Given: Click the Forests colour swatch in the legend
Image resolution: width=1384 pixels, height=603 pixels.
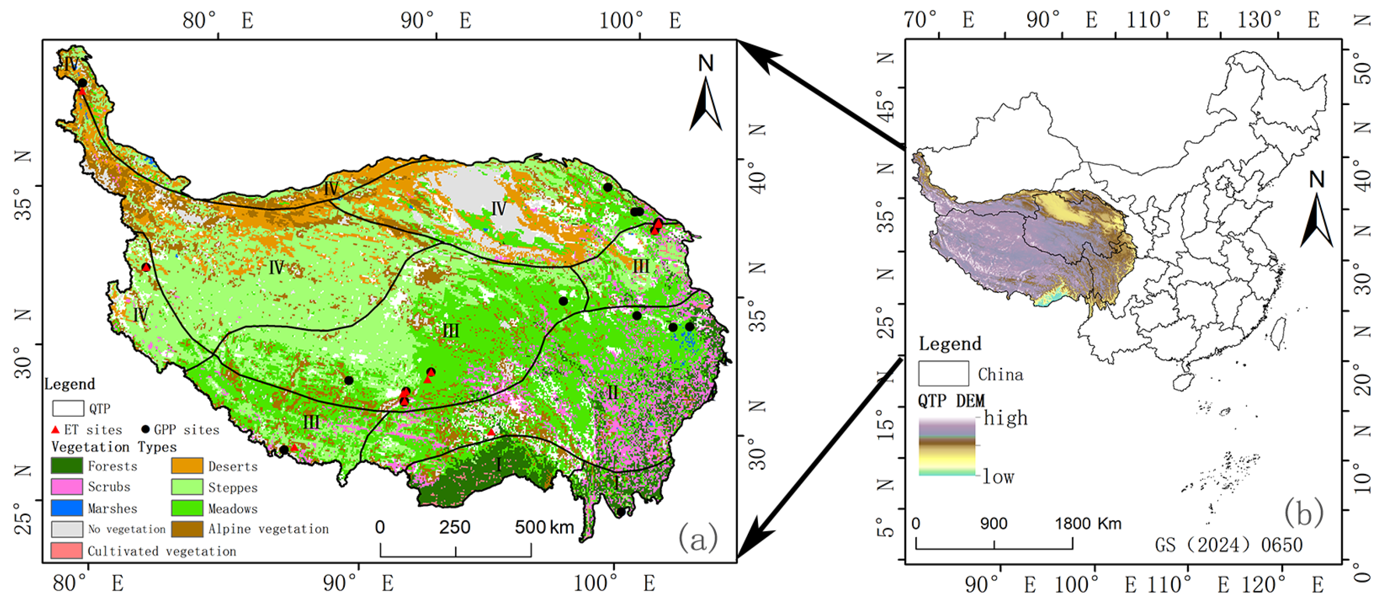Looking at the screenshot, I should (x=67, y=465).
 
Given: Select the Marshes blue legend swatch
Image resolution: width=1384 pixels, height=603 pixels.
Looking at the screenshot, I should (x=67, y=508).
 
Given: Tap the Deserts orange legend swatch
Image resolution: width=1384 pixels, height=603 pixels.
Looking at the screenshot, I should (x=187, y=465).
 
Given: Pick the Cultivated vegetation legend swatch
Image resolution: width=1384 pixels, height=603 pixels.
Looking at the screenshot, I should (x=67, y=550).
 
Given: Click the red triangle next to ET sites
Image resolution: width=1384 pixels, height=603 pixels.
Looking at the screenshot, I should (x=55, y=430).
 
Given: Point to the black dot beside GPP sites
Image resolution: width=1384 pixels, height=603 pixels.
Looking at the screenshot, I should (x=145, y=430).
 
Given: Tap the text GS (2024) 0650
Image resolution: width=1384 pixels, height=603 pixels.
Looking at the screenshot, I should (x=1228, y=545).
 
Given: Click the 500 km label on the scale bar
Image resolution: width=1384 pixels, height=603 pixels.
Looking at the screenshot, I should (x=543, y=527).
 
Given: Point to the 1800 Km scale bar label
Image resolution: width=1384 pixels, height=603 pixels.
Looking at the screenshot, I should (x=1088, y=524).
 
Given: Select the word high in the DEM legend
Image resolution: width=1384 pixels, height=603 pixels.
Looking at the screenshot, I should (x=1005, y=418).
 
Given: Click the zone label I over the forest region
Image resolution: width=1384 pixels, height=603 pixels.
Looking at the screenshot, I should (x=499, y=464).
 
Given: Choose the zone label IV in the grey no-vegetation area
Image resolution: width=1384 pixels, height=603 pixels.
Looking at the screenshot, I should (x=499, y=208).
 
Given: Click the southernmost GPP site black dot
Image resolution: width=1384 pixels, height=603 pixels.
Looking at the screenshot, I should (x=620, y=512).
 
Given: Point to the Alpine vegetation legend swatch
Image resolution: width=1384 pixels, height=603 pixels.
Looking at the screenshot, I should (x=187, y=529).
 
